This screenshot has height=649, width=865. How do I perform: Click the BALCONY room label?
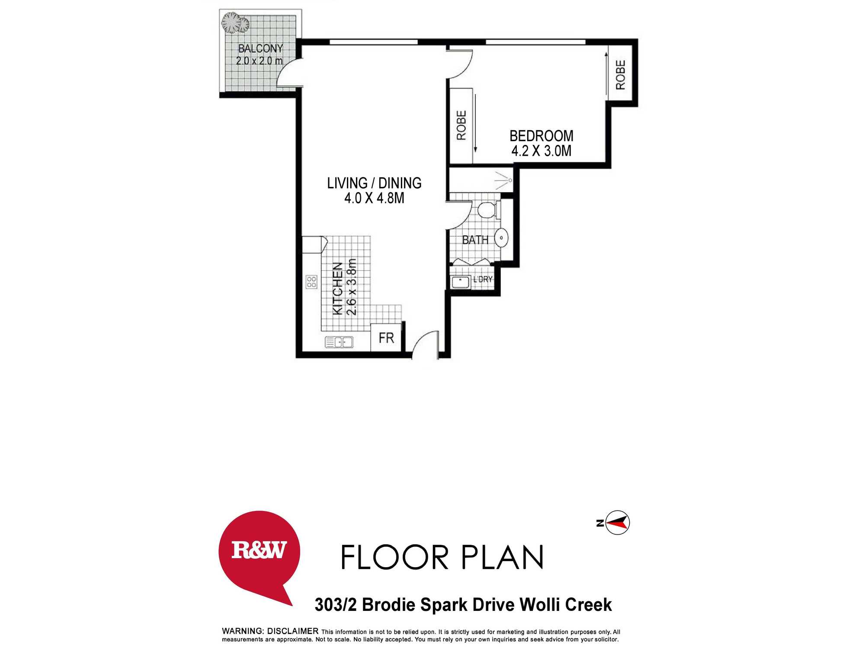(260, 48)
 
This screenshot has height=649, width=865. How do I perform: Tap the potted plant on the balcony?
(235, 22)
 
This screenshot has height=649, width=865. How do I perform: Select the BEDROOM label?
(541, 136)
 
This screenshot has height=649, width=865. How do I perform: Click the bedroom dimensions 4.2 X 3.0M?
(541, 151)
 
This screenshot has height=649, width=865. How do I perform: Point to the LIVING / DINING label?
(374, 183)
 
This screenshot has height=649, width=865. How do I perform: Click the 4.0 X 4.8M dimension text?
(374, 198)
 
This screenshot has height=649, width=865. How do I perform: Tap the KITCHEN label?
(337, 289)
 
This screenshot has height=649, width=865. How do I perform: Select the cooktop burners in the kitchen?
(311, 282)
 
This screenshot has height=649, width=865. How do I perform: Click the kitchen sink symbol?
(339, 342)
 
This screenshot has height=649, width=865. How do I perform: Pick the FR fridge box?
(386, 338)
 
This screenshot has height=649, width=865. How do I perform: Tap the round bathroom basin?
(501, 238)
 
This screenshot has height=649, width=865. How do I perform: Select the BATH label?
(475, 240)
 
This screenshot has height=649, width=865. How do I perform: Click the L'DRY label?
(483, 280)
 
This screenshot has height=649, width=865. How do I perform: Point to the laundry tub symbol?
(461, 282)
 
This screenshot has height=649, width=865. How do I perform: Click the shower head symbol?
(504, 180)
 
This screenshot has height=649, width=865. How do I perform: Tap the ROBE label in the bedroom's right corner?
(621, 75)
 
